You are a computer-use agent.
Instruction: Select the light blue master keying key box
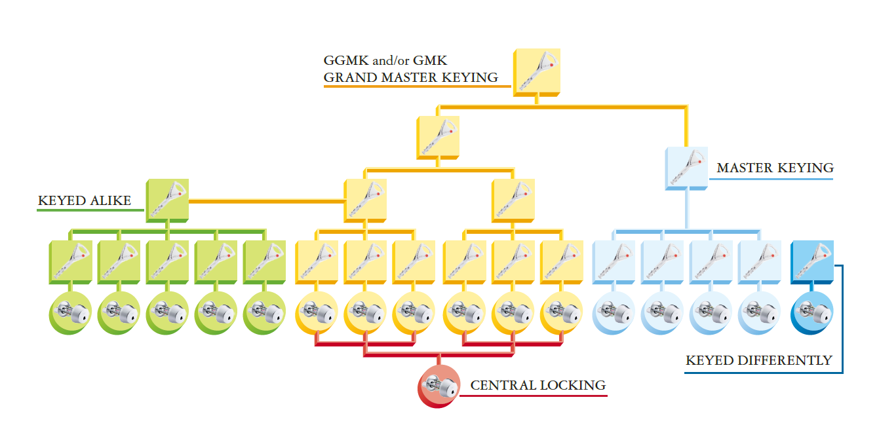(x=686, y=168)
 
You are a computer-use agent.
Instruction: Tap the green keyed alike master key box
(x=167, y=199)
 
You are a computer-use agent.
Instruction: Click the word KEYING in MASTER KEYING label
(x=804, y=168)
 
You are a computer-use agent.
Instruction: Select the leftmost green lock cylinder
(x=69, y=311)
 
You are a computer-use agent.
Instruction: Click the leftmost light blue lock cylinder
(x=613, y=311)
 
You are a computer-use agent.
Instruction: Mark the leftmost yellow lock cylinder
(x=316, y=311)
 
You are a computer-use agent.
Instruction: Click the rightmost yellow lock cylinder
(x=561, y=311)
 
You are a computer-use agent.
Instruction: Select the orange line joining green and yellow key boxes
(x=266, y=200)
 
